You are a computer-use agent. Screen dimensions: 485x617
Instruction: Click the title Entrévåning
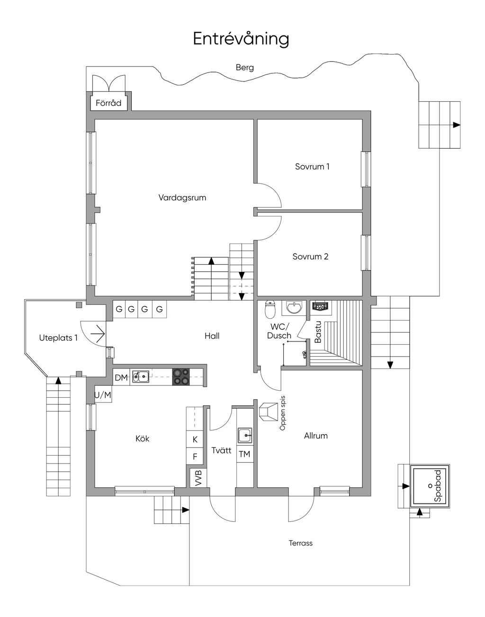[241, 39]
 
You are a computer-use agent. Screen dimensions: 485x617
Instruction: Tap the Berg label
[245, 68]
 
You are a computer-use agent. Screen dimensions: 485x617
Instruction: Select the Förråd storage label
[108, 103]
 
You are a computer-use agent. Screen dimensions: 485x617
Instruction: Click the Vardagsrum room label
[182, 197]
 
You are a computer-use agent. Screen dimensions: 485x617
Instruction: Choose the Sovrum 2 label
[310, 257]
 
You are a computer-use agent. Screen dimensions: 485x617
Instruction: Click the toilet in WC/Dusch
[270, 309]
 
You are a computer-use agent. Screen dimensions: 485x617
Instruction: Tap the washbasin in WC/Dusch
[294, 308]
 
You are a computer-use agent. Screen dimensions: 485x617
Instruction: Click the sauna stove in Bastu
[320, 306]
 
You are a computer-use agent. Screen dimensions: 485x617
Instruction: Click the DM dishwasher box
[121, 378]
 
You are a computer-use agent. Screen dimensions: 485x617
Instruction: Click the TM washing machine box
[245, 454]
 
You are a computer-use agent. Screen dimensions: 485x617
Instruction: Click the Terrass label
[301, 543]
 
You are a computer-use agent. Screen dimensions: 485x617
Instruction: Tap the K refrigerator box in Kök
[195, 439]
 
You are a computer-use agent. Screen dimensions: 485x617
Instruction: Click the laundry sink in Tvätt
[245, 435]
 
